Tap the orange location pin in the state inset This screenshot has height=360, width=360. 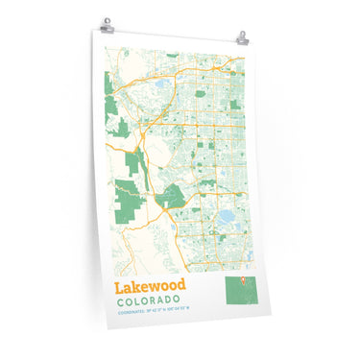(242, 282)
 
